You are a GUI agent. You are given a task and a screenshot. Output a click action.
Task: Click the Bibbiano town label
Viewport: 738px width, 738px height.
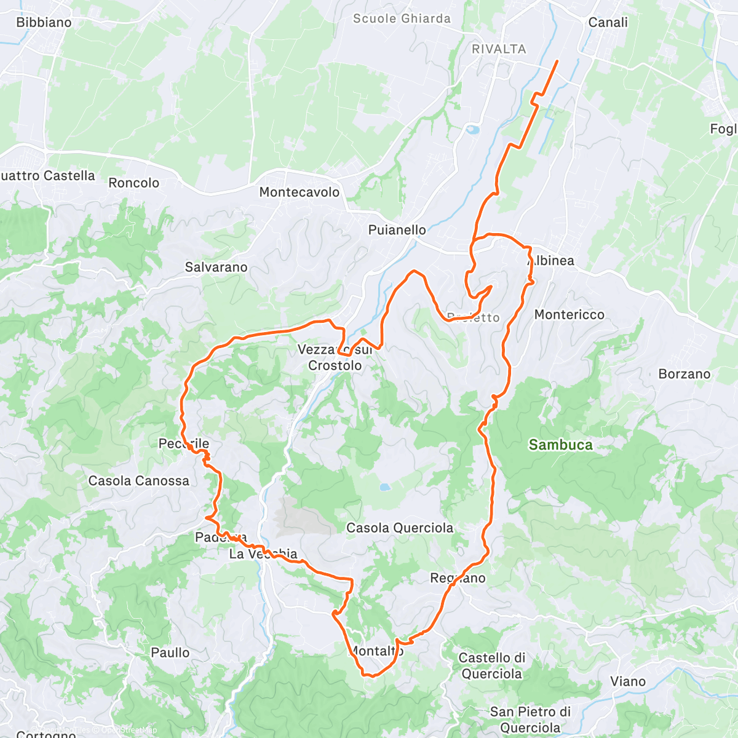(44, 23)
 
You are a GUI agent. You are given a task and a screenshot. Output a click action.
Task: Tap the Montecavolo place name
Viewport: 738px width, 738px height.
(300, 192)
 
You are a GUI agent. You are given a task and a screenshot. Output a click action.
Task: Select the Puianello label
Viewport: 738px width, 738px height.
(397, 230)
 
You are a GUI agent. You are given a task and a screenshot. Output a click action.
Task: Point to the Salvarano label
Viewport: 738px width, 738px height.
(216, 268)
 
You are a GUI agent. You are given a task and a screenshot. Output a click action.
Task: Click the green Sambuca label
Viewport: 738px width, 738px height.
(560, 445)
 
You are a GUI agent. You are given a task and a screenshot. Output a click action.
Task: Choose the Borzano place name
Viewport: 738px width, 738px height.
(684, 374)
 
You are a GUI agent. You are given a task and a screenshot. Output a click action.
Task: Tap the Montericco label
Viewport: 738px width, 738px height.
(569, 315)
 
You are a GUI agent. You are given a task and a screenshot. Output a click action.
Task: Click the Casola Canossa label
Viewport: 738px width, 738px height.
(139, 481)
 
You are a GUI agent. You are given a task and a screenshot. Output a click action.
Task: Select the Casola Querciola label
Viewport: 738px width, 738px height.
(400, 528)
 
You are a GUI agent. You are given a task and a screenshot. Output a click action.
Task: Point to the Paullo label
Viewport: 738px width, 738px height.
(170, 653)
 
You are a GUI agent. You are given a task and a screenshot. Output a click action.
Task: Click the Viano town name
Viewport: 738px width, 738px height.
(628, 681)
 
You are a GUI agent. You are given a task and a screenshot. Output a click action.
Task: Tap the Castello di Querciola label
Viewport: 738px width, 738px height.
(492, 666)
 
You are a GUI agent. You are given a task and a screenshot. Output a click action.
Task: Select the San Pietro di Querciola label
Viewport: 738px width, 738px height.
(530, 720)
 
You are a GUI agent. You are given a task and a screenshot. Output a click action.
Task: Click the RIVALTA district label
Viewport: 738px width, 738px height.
(499, 49)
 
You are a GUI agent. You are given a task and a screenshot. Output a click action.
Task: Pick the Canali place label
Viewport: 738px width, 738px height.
(608, 23)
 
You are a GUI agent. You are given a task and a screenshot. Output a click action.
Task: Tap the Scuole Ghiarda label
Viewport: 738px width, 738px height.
(402, 18)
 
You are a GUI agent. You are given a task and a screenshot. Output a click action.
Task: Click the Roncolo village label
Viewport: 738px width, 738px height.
(133, 183)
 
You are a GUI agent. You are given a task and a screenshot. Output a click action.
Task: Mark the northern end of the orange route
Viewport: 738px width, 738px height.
(557, 61)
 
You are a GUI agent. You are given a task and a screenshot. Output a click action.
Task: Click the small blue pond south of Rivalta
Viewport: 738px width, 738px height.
(472, 130)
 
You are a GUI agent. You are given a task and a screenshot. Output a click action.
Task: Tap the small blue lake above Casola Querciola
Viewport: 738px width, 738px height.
(384, 487)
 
